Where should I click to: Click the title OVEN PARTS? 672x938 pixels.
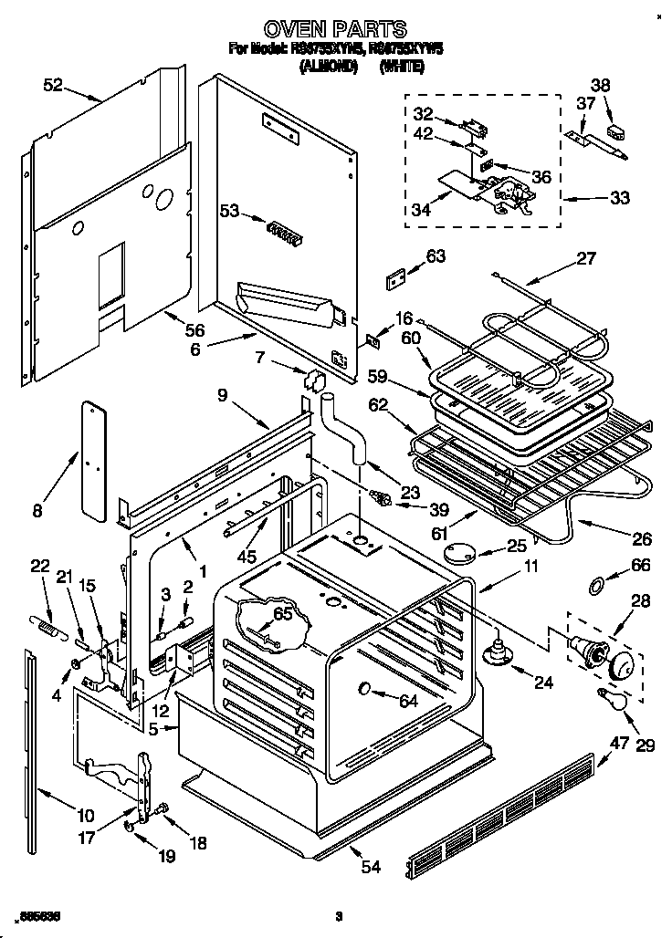pyautogui.click(x=335, y=29)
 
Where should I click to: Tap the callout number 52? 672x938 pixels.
pyautogui.click(x=53, y=85)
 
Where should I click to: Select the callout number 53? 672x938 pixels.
pyautogui.click(x=229, y=211)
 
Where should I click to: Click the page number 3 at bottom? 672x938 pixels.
pyautogui.click(x=339, y=916)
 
